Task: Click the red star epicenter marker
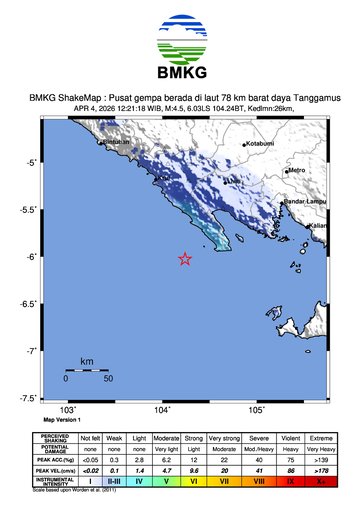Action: [185, 259]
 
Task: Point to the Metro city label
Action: [297, 171]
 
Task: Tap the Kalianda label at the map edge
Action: [319, 227]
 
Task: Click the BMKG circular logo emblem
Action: [180, 40]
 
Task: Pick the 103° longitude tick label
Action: [68, 410]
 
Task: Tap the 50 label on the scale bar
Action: [107, 379]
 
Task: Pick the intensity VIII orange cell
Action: [260, 482]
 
